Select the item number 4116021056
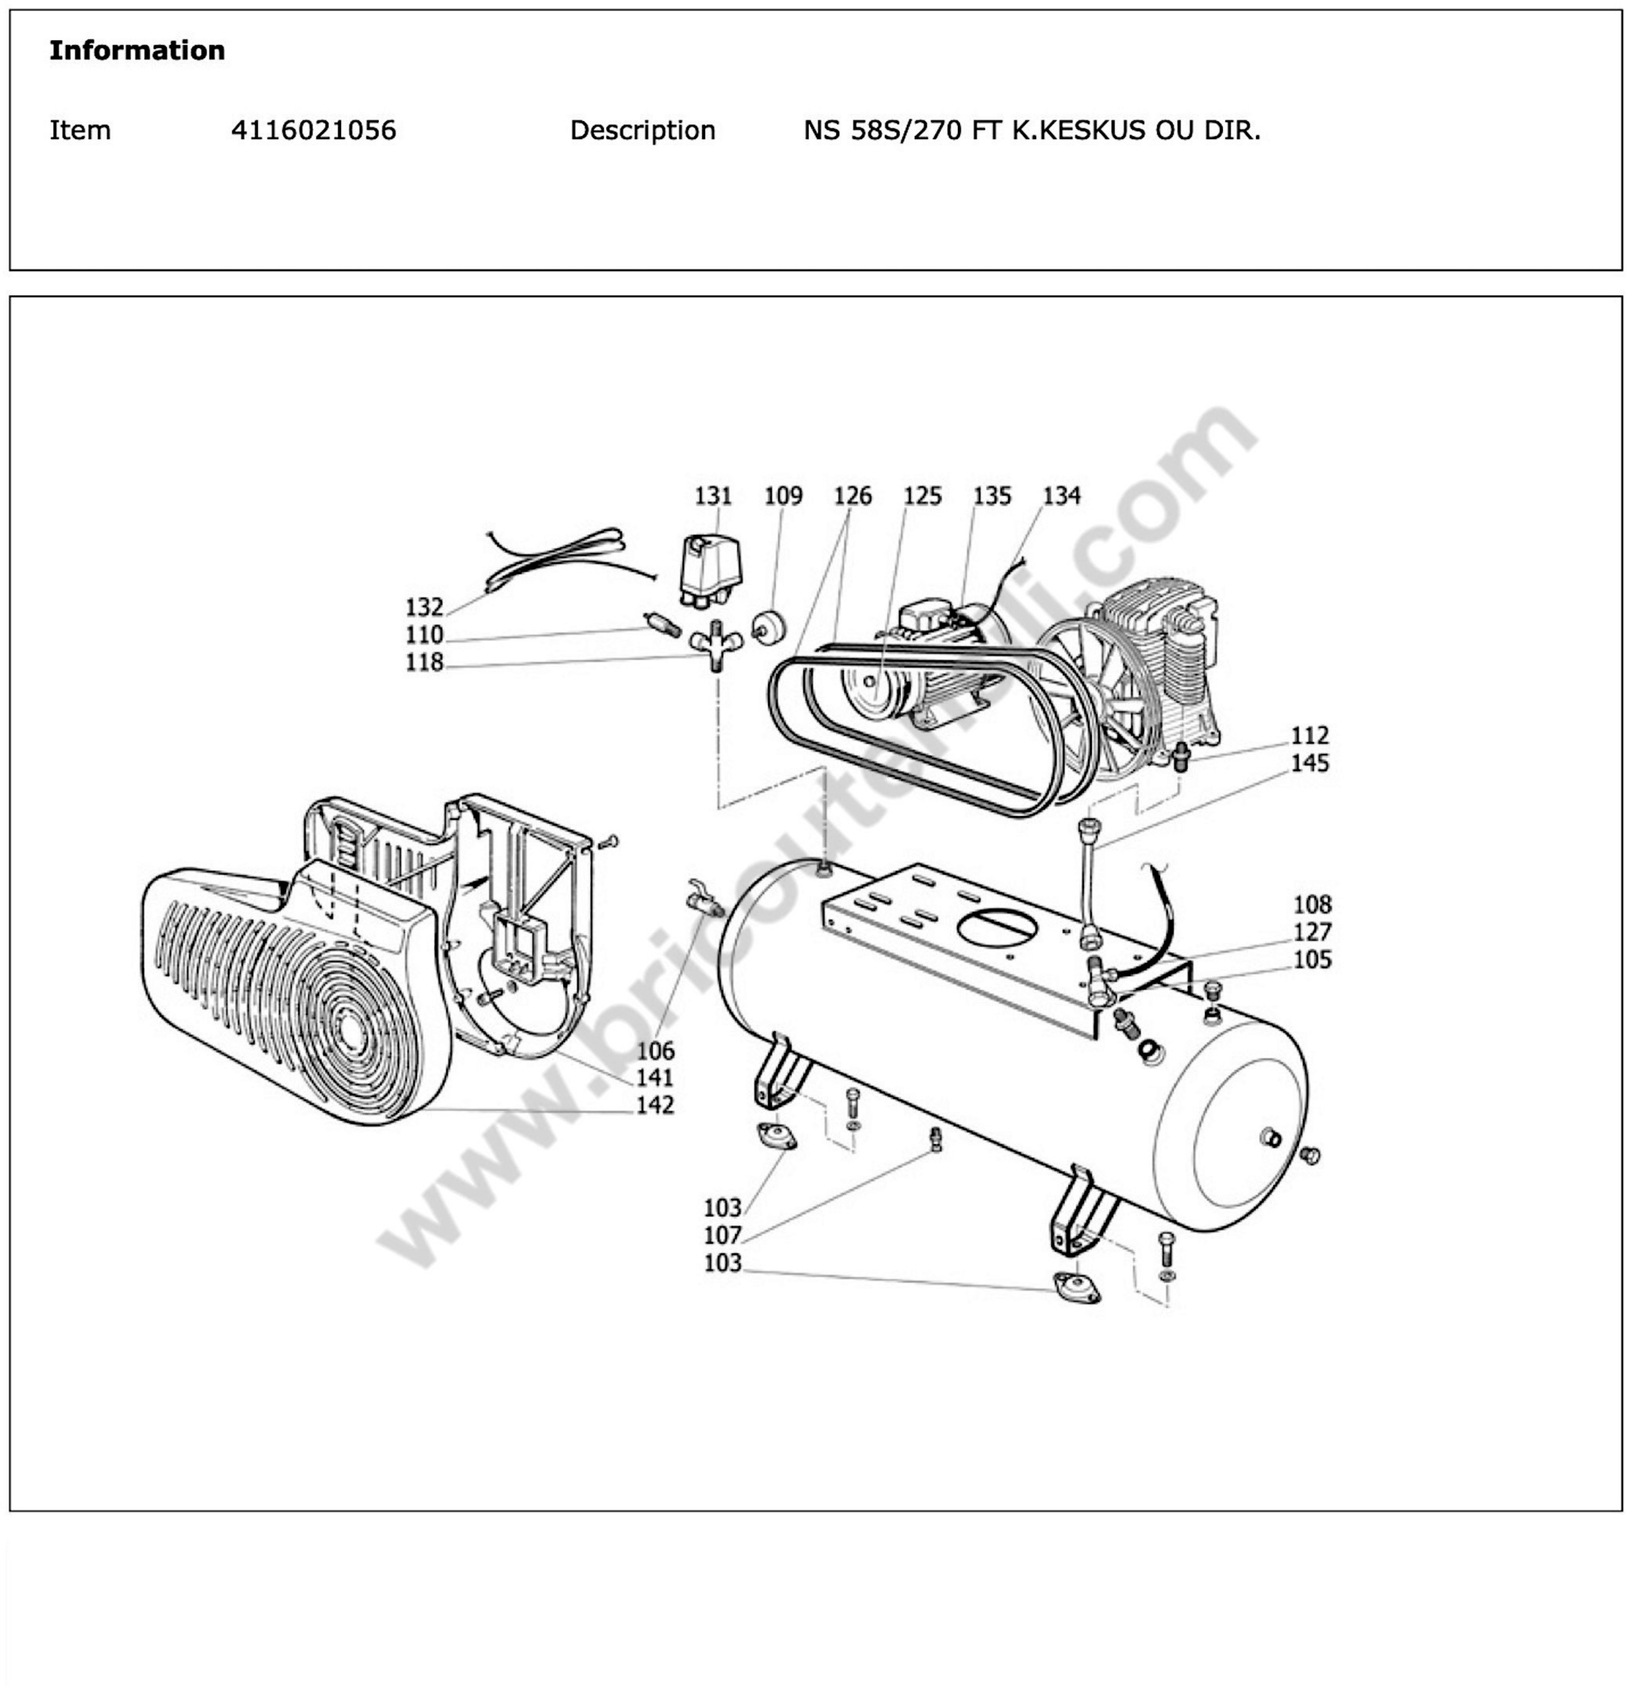[313, 130]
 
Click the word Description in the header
[642, 130]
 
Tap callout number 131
[713, 496]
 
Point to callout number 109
[783, 496]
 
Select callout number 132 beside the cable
[424, 607]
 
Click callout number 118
[424, 662]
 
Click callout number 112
[1309, 735]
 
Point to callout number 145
[1309, 762]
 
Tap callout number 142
[655, 1105]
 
